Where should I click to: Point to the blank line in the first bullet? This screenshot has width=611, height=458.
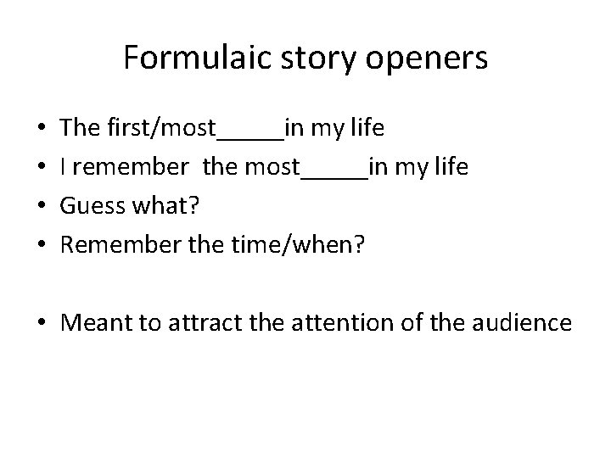coord(251,136)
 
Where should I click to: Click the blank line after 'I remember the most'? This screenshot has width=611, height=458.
coord(334,175)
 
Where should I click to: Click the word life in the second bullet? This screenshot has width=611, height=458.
coord(451,168)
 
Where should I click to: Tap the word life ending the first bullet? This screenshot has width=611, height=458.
coord(367,129)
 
